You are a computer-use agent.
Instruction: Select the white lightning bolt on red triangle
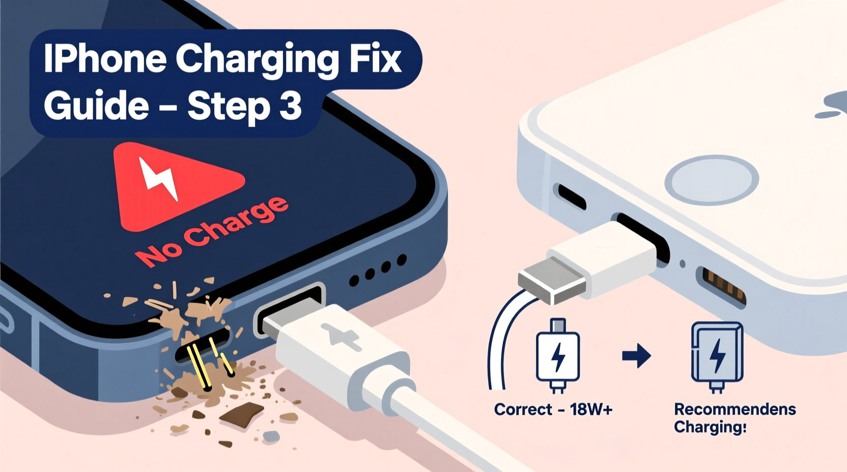tap(158, 178)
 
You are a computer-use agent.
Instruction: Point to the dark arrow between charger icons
tap(636, 356)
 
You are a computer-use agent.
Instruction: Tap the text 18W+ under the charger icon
tap(591, 409)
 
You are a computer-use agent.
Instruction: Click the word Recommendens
tap(735, 409)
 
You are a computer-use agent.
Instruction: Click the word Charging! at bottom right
tap(710, 427)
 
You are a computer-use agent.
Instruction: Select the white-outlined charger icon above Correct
tap(558, 356)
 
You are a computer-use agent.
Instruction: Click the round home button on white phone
tap(712, 180)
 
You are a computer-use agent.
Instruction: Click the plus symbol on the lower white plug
tap(340, 336)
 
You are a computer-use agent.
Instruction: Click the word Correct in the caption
tap(523, 409)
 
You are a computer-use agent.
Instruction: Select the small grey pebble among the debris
tap(271, 436)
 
